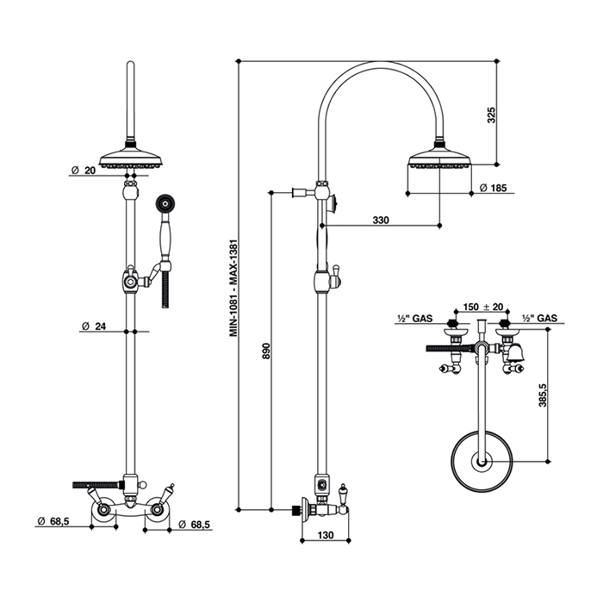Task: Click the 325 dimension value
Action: click(490, 115)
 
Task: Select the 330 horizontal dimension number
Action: click(381, 221)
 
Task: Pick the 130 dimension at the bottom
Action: click(324, 534)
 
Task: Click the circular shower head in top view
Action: click(479, 463)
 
